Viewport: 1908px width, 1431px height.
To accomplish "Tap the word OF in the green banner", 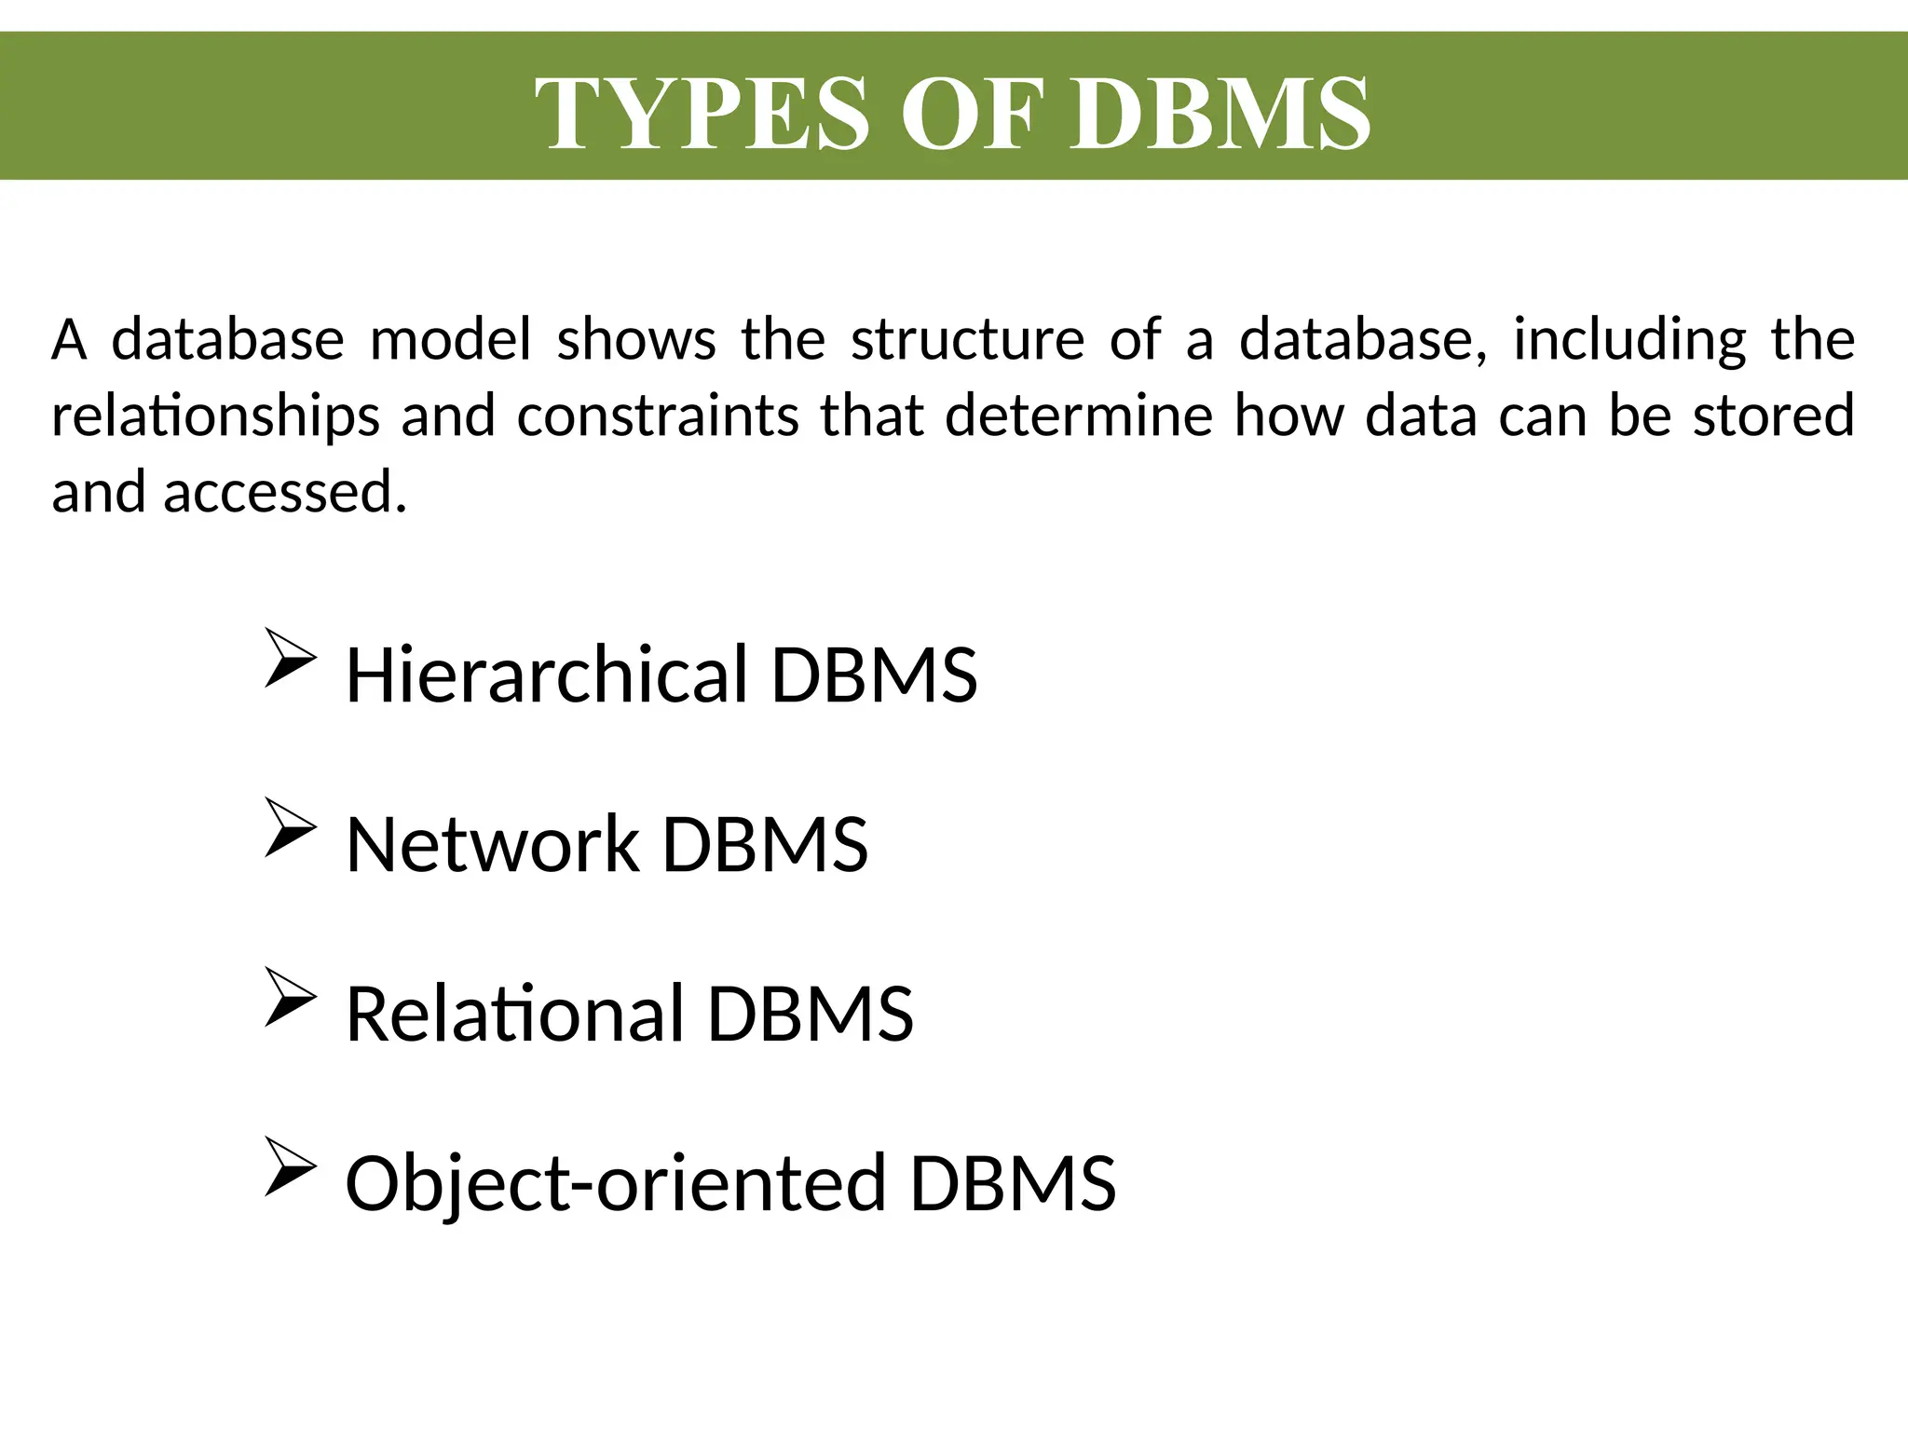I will click(x=969, y=114).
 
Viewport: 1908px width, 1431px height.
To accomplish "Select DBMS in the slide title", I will click(x=1220, y=114).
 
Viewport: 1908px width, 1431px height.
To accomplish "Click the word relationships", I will click(x=215, y=416).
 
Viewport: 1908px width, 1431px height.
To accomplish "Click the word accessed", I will click(x=285, y=492).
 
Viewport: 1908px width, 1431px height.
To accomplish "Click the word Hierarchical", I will click(x=547, y=674).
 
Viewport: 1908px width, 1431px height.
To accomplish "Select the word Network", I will click(x=492, y=844).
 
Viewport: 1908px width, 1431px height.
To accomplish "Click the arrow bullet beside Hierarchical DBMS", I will click(x=290, y=658).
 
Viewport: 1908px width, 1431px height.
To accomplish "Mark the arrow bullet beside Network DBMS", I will click(x=290, y=827).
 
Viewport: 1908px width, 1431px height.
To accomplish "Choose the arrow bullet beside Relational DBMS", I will click(x=290, y=997).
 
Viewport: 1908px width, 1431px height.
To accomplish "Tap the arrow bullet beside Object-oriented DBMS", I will click(x=290, y=1166).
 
